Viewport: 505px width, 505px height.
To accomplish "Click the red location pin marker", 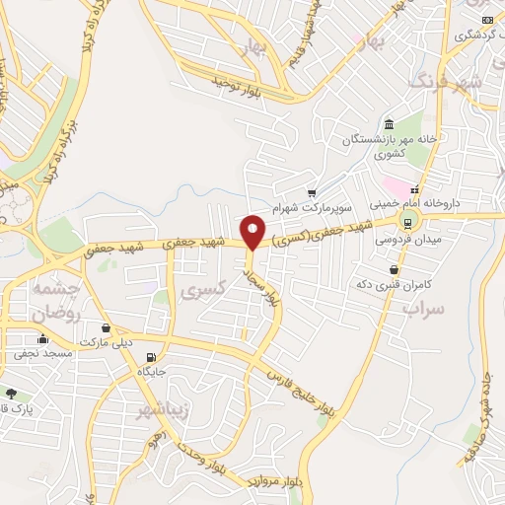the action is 252,232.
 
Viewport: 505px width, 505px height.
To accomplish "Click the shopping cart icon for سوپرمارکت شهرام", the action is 312,192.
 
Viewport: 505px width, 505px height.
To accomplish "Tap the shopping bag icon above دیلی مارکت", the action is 106,327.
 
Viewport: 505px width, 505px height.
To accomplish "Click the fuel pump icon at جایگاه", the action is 150,358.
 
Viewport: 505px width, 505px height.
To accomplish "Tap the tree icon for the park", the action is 12,393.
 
